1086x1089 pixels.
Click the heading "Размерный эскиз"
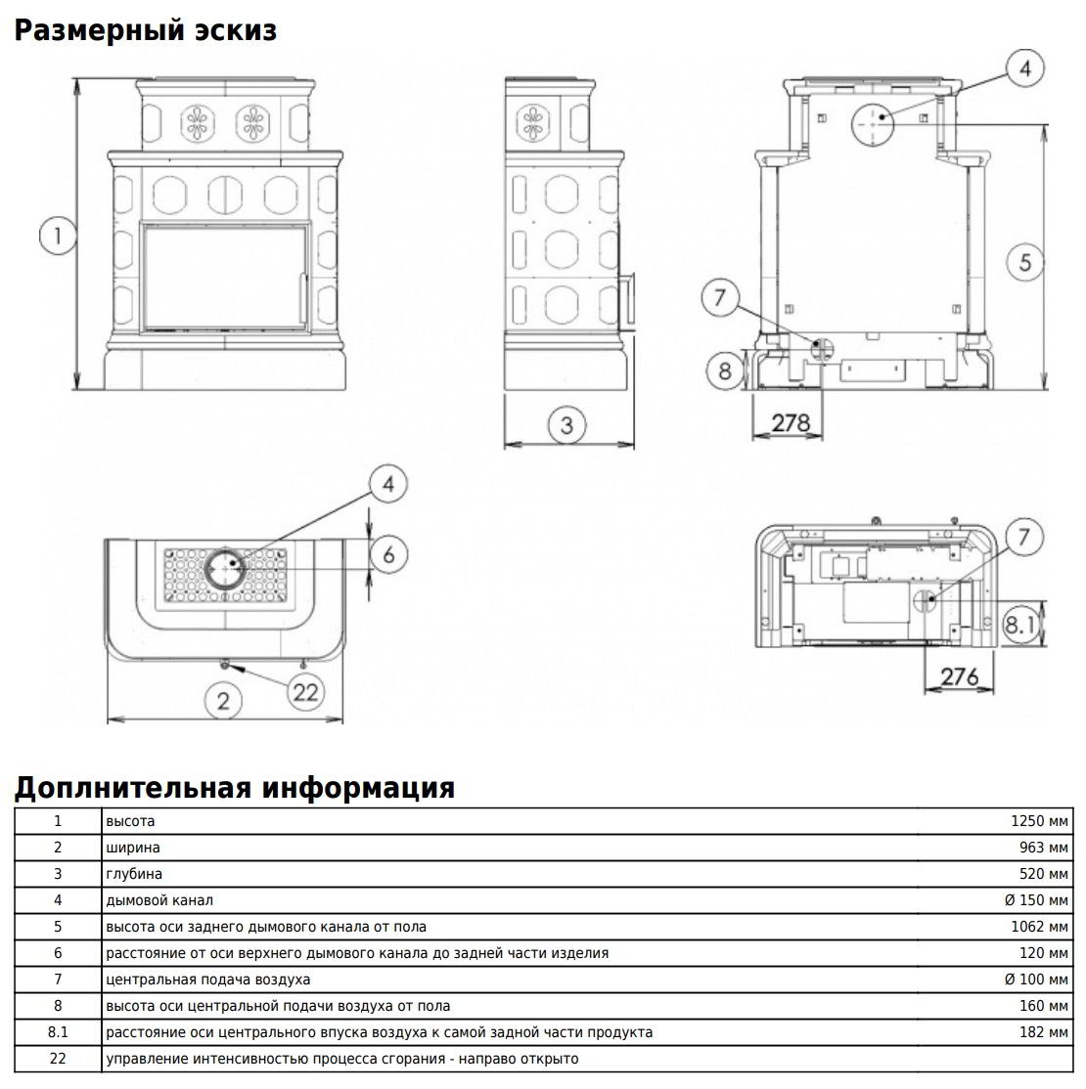146,31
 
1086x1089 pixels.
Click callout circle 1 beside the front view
58,236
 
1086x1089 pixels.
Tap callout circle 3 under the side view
566,424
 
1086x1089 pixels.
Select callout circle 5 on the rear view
1025,262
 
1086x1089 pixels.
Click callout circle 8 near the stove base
724,370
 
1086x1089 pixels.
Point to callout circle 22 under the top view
305,692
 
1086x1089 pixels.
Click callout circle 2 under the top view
223,700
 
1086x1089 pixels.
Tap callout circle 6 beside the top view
388,554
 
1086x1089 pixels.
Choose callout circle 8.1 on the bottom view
1019,625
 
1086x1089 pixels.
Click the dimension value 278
791,422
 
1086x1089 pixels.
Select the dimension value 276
960,675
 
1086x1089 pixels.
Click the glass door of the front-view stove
225,277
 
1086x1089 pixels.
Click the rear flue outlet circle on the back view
873,124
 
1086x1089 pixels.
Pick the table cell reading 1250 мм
1039,821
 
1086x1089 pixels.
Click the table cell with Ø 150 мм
1036,900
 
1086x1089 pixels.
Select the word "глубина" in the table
134,874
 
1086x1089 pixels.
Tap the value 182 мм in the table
1044,1032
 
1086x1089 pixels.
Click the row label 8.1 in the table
58,1032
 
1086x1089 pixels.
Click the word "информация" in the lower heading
358,788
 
